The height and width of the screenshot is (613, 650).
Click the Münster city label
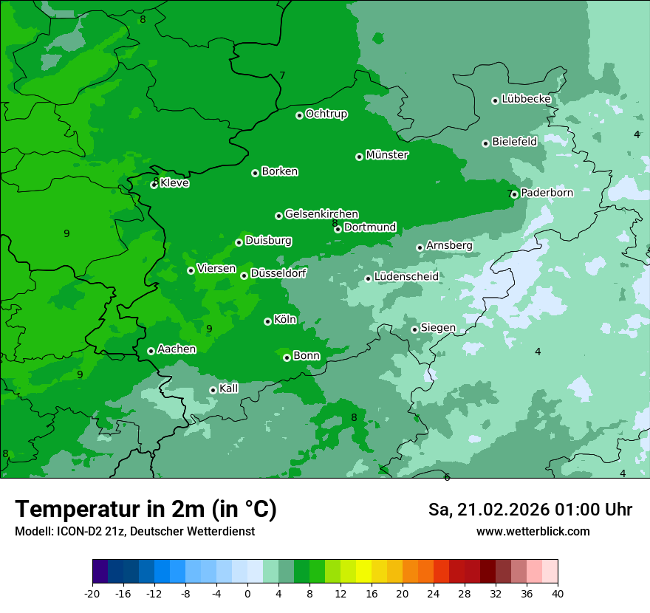point(387,155)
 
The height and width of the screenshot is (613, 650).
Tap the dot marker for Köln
point(267,321)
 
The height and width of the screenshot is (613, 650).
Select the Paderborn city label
point(547,193)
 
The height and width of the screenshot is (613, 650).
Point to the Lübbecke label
point(526,99)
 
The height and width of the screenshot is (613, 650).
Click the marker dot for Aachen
point(151,351)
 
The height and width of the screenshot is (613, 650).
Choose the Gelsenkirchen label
point(321,214)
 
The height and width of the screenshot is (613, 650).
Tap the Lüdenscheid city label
point(406,277)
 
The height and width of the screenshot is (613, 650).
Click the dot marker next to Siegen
point(414,329)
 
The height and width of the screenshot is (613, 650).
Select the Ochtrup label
point(326,114)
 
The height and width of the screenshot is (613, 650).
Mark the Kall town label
point(229,388)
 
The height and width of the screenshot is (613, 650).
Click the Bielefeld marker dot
point(485,143)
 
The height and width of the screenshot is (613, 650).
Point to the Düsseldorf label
point(278,274)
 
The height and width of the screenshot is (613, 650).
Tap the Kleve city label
point(174,183)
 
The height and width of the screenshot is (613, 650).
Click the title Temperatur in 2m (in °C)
point(146,509)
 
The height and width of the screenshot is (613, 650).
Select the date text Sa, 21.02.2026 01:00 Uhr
point(530,510)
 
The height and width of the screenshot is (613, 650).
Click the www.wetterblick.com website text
point(533,531)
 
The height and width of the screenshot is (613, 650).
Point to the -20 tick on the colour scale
point(92,593)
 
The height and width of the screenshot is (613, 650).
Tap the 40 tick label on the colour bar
point(558,593)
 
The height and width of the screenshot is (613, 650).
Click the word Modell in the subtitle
point(32,531)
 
